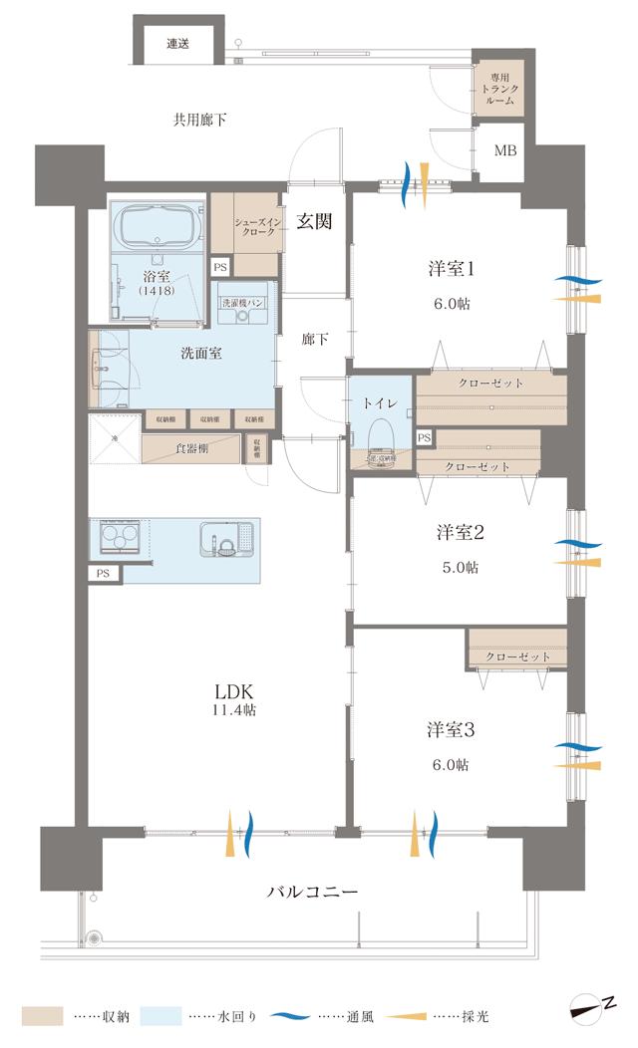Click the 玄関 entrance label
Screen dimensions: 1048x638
coord(313,222)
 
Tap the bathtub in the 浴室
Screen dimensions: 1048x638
coord(155,229)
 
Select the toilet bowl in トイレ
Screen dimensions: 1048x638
coord(380,433)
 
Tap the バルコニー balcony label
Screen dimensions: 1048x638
coord(312,890)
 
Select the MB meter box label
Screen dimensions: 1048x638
coord(505,151)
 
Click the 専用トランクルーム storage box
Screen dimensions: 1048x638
coord(495,90)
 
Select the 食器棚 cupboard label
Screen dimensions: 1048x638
coord(191,448)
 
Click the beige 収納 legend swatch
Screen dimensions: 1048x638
coord(41,1016)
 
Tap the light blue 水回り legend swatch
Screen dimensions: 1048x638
coord(160,1016)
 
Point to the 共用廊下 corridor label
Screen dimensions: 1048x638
coord(199,121)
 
